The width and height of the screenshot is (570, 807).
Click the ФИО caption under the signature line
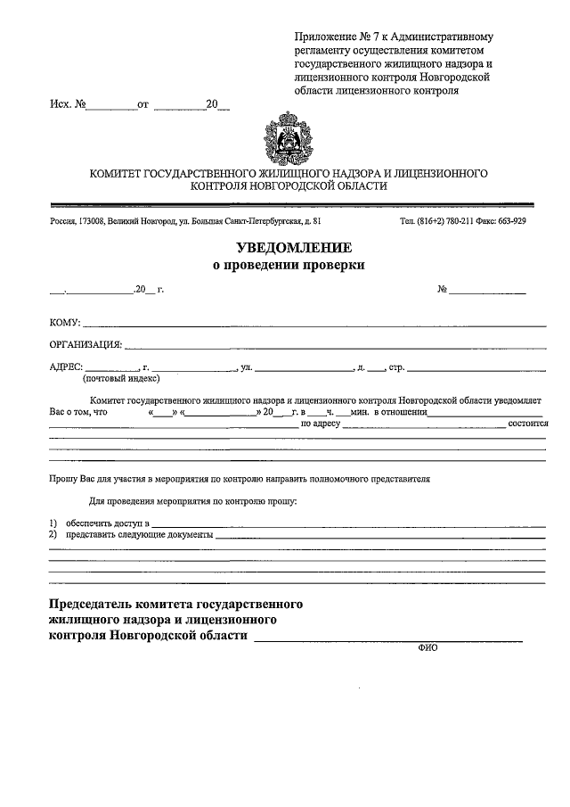click(427, 649)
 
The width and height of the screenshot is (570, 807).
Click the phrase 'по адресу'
click(321, 424)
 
